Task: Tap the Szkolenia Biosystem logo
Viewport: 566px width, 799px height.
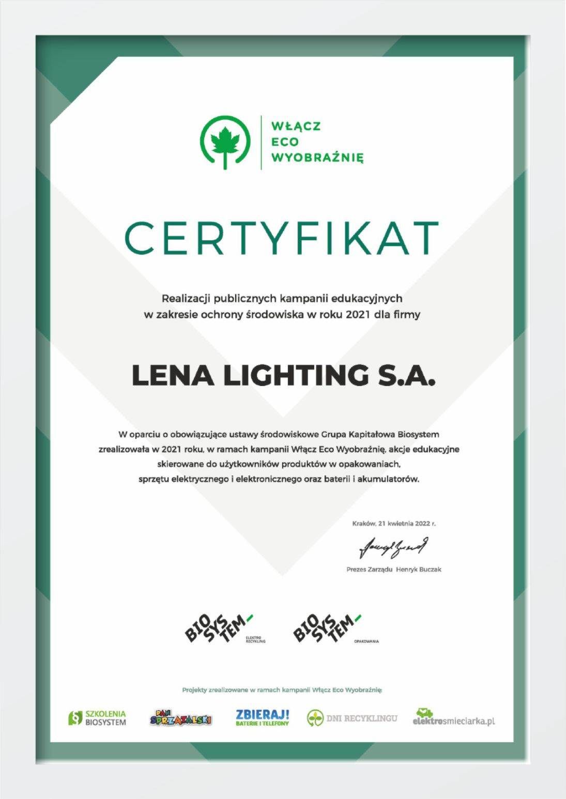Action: pos(98,718)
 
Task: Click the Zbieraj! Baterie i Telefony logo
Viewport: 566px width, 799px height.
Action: pos(262,718)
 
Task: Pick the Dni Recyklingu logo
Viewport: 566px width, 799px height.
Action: pos(353,718)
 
